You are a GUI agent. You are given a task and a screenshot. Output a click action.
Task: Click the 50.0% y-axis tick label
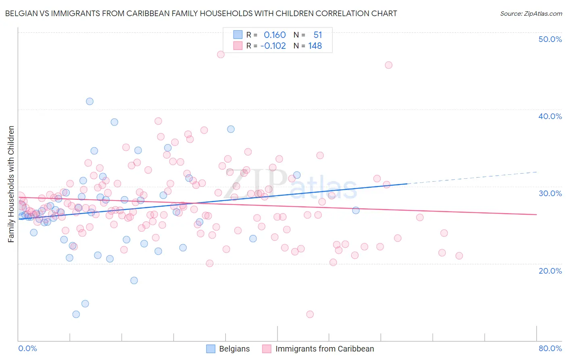point(550,39)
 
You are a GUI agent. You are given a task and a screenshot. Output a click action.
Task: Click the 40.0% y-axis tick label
point(550,116)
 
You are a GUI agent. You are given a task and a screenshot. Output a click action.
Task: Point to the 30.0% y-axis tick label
point(550,193)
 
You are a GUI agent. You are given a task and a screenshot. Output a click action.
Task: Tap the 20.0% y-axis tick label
point(550,271)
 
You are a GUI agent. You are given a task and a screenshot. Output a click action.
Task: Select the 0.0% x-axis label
point(27,348)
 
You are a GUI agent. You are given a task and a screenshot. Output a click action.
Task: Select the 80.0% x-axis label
point(550,348)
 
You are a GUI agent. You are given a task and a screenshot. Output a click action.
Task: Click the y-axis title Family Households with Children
point(11,184)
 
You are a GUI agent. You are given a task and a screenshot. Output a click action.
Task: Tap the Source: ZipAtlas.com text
point(531,13)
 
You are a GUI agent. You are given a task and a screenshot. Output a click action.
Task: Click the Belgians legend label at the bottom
point(234,349)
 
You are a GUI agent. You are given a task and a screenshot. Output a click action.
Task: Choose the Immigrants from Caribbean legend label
point(325,349)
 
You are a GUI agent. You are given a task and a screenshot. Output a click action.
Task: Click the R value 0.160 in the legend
point(275,35)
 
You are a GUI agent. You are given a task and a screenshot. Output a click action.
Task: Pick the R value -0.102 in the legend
point(273,46)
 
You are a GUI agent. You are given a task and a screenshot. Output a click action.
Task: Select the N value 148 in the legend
point(315,46)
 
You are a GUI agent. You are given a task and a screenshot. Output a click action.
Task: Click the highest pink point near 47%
point(221,54)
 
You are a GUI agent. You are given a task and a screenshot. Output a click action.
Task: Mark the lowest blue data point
point(76,314)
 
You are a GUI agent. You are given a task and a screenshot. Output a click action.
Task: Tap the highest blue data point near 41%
point(90,101)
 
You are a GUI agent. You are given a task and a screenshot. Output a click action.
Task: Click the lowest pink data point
point(310,314)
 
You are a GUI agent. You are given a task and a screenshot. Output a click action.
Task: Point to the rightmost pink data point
point(459,256)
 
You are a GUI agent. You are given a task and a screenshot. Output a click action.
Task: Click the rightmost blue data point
point(356,210)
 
